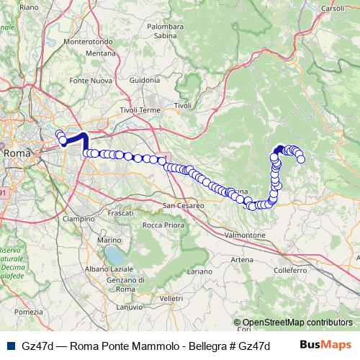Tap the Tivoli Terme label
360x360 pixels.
(x=140, y=110)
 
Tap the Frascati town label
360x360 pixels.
(x=119, y=214)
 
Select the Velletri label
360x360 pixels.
(x=172, y=297)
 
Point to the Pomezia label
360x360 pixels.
(x=29, y=311)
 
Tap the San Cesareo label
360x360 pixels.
(x=184, y=206)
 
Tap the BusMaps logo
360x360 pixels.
(x=325, y=346)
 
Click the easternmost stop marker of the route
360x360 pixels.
(x=301, y=158)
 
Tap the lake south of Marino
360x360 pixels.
(x=114, y=255)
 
